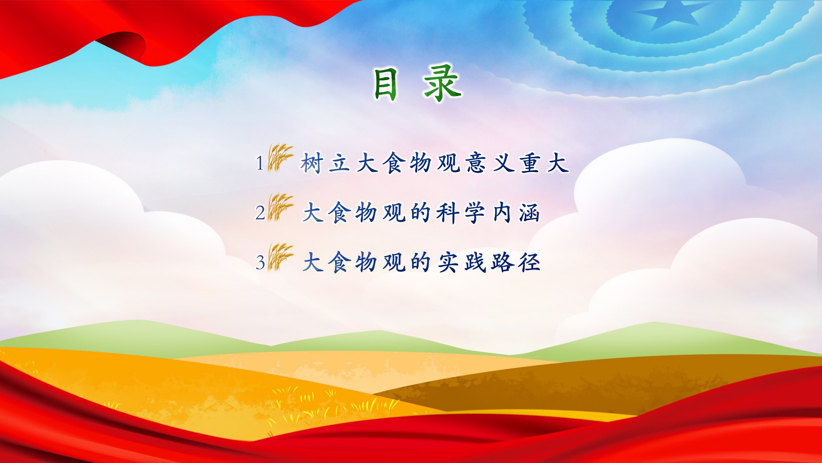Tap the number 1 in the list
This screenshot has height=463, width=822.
pyautogui.click(x=260, y=163)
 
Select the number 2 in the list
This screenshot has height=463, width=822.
pyautogui.click(x=260, y=213)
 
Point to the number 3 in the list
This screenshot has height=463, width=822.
pyautogui.click(x=260, y=263)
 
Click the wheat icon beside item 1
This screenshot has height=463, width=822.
pyautogui.click(x=280, y=158)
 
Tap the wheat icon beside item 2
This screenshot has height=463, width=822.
pyautogui.click(x=280, y=207)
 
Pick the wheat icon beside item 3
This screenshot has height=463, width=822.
pyautogui.click(x=280, y=257)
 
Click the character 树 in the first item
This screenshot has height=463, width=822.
pyautogui.click(x=312, y=163)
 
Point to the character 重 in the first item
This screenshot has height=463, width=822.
pyautogui.click(x=530, y=163)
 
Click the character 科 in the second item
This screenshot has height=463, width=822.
pyautogui.click(x=448, y=213)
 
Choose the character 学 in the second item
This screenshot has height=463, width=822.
pyautogui.click(x=475, y=213)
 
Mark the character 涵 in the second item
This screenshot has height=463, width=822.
pyautogui.click(x=529, y=213)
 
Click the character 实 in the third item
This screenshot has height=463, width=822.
pyautogui.click(x=448, y=262)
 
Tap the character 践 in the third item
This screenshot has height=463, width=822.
pyautogui.click(x=475, y=262)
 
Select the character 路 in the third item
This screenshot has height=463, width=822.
pyautogui.click(x=502, y=262)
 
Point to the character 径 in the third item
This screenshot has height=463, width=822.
pyautogui.click(x=529, y=262)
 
